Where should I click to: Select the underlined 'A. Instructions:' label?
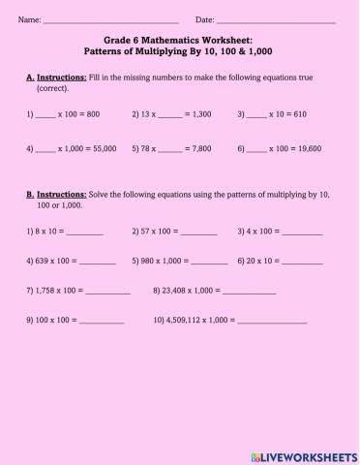tap(56, 76)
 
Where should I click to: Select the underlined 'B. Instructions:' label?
tap(56, 195)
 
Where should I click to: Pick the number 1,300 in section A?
tap(199, 114)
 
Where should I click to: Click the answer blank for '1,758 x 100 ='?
tap(107, 293)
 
